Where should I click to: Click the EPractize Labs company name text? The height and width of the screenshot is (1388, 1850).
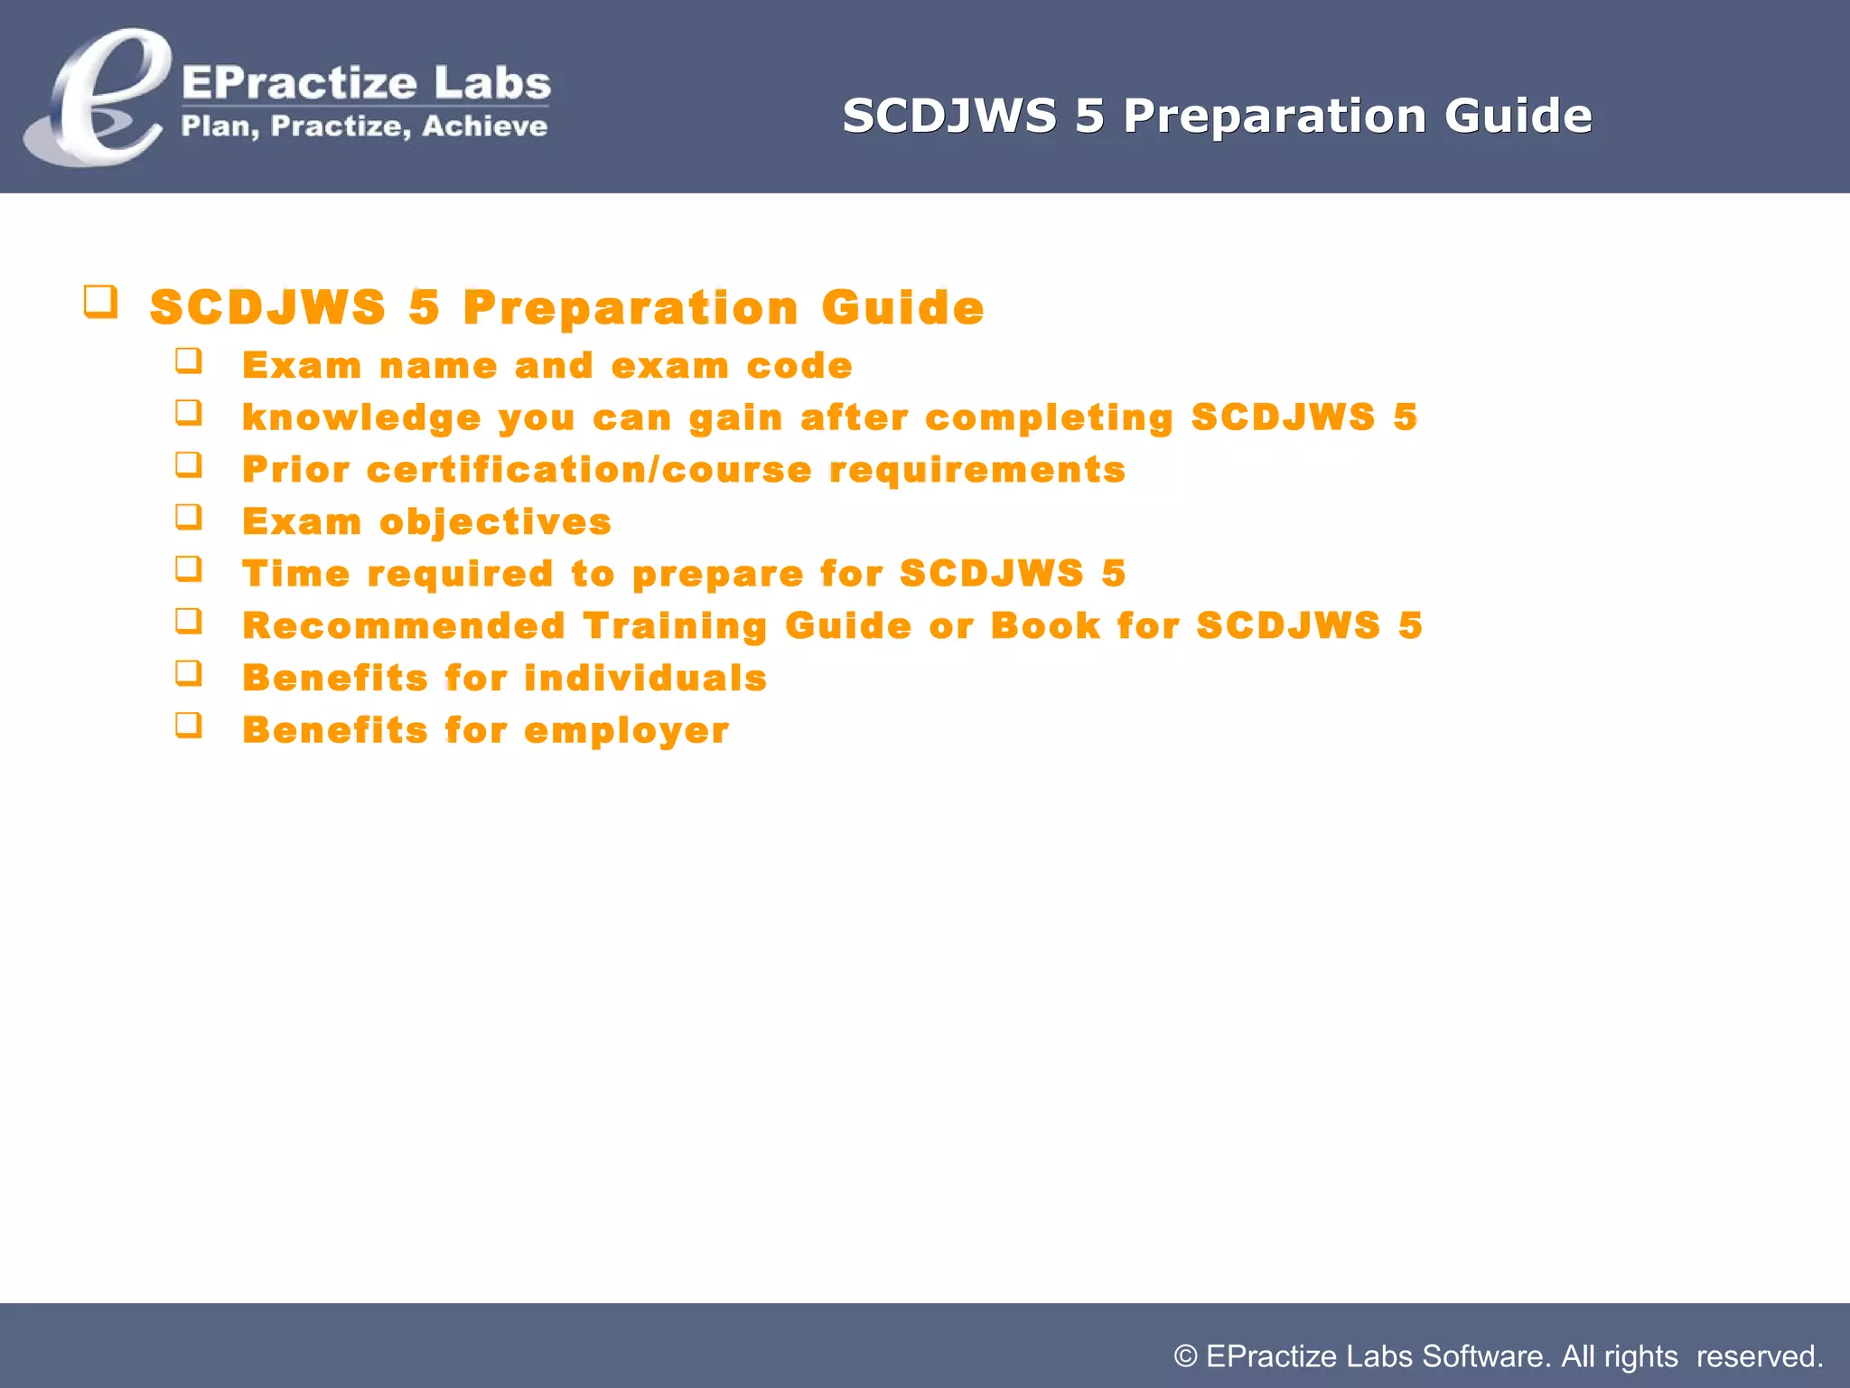pos(366,83)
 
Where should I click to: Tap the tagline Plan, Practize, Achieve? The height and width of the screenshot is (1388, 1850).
pos(364,127)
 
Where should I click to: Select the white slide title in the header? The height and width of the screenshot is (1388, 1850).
pos(1217,116)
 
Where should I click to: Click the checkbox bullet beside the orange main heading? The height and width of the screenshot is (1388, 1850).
pos(100,301)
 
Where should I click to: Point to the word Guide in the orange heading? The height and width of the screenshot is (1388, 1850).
pos(902,307)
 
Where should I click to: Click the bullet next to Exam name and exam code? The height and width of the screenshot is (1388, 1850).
pos(188,361)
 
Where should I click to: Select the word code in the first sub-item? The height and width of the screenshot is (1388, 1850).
pos(799,366)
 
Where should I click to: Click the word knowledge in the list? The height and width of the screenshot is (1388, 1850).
pos(361,418)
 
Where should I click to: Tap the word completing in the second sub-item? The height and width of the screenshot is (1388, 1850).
pos(1049,418)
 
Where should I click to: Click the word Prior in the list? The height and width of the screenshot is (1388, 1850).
pos(296,470)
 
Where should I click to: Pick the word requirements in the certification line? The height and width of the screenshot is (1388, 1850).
pos(977,470)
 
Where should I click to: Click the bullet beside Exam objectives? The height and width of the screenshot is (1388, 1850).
pos(188,517)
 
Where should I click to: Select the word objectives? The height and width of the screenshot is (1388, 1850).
pos(495,522)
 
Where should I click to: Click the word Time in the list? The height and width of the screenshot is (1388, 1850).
pos(296,574)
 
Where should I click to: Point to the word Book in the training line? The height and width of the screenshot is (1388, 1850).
pos(1045,626)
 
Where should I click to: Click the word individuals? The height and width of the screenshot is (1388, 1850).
pos(645,679)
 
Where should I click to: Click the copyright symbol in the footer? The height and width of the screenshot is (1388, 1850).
pos(1185,1356)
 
